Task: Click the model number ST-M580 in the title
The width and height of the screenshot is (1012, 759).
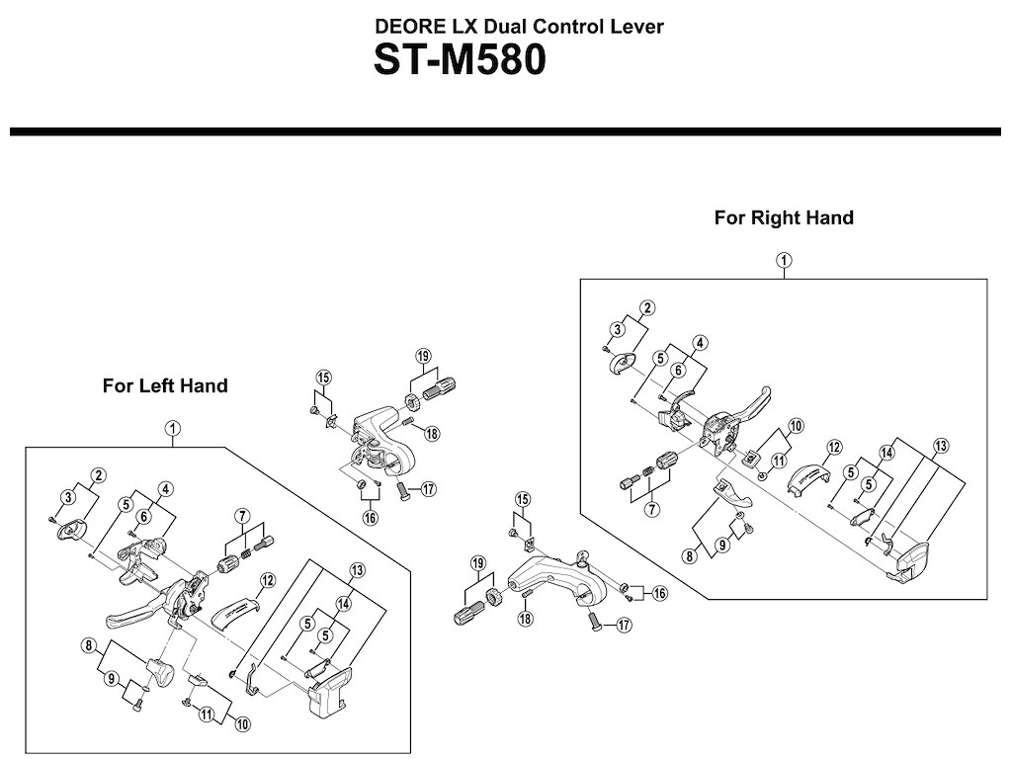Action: [x=459, y=61]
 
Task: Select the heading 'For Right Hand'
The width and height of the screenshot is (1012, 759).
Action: [x=784, y=217]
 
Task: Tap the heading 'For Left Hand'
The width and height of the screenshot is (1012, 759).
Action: [x=165, y=385]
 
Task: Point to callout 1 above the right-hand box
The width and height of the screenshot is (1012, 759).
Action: [x=784, y=260]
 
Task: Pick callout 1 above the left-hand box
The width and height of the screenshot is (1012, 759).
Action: [x=173, y=428]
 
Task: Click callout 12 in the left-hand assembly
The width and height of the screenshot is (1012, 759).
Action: [x=266, y=580]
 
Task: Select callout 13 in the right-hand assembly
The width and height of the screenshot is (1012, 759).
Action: [x=940, y=446]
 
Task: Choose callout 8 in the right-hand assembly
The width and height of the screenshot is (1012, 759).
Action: [x=690, y=555]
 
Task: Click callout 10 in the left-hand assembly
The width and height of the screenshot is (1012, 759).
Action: [x=243, y=724]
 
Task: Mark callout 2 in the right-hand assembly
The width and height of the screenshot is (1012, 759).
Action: [x=646, y=308]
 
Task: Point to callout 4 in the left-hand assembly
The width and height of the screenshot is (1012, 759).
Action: [x=165, y=488]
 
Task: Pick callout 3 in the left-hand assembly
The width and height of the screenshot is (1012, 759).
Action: [x=68, y=496]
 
